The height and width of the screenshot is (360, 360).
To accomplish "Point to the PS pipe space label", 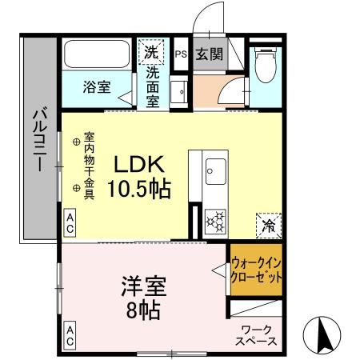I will click(x=180, y=55).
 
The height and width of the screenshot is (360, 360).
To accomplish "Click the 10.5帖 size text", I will click(x=138, y=190).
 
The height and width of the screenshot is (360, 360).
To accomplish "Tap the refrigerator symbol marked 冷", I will click(x=268, y=226).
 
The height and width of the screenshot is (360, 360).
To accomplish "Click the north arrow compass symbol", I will click(x=323, y=332).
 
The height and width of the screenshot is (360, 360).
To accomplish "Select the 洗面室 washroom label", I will click(x=153, y=86).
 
